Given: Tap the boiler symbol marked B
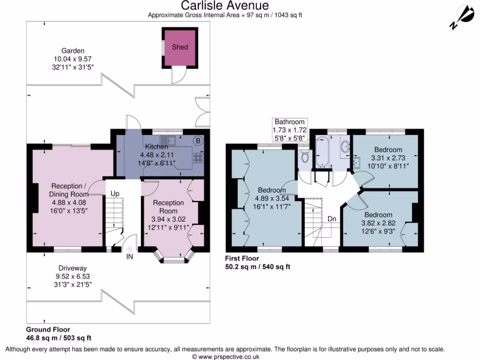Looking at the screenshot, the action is coord(198,141).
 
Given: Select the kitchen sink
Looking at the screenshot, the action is coord(168,141).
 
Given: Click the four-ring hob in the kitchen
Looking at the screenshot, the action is coord(198,158).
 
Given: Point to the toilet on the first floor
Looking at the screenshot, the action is coord(305,157).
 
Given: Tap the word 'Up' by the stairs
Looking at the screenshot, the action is coord(115,194).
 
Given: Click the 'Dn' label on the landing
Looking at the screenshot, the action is coord(332,219).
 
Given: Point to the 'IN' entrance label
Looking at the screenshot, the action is coord(130,256).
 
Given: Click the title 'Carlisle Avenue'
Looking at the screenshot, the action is coord(225,6).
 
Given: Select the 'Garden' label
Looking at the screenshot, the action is coord(73,51).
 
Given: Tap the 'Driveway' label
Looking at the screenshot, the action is coord(73,268).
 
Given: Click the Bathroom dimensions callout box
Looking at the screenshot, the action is coord(290,130).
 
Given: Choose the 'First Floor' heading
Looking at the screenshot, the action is coord(242,258).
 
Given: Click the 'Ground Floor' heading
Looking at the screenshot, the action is coord(48,330).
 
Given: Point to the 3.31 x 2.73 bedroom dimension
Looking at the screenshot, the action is coord(388,158).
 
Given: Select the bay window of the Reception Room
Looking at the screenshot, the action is coord(173,256).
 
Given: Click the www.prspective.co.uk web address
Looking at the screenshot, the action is coord(229,357).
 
